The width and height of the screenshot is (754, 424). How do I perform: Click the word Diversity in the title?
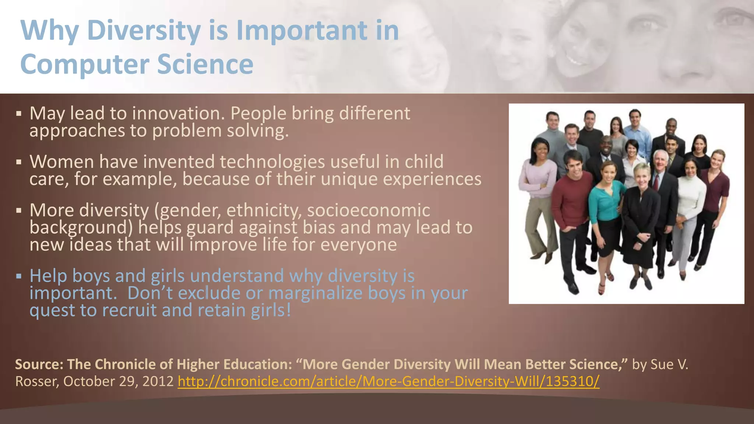click(x=144, y=30)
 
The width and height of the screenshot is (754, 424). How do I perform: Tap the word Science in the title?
click(x=205, y=64)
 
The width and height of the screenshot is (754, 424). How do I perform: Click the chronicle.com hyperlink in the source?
click(x=388, y=381)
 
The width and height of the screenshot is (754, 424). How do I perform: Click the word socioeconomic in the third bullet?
click(x=369, y=211)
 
